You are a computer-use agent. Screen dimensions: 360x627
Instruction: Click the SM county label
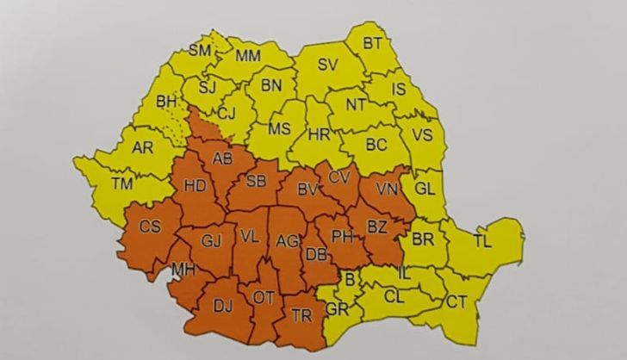200,51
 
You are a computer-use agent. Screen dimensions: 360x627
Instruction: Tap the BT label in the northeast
373,42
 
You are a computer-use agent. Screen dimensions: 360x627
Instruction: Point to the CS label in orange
151,227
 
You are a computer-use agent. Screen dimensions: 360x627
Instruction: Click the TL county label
482,241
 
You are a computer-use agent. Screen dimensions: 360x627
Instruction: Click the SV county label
327,65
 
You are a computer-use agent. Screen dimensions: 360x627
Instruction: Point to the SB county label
256,181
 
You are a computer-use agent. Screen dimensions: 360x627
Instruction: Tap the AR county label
143,147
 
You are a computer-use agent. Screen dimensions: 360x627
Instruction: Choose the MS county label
278,129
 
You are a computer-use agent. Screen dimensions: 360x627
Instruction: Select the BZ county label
378,227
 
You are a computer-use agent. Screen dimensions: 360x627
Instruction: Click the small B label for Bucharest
349,277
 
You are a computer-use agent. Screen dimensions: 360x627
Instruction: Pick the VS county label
423,134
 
